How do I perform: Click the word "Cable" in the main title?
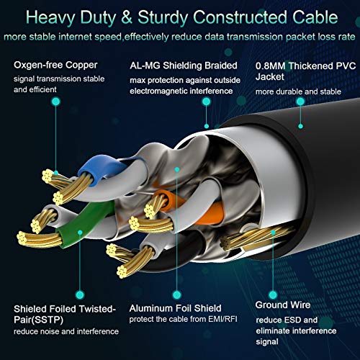[x=315, y=17]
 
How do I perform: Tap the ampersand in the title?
[x=127, y=17]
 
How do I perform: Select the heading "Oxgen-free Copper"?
[x=55, y=65]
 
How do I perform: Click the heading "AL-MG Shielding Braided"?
[x=184, y=66]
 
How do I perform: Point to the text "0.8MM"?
[x=271, y=66]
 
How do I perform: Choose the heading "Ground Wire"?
[x=283, y=305]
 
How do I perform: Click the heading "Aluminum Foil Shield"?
[x=175, y=308]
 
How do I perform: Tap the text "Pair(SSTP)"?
[x=38, y=320]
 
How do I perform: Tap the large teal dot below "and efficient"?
[x=56, y=102]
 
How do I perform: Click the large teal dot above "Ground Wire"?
[x=273, y=294]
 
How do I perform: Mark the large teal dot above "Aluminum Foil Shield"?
[x=177, y=294]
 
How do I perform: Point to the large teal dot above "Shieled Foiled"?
[x=80, y=294]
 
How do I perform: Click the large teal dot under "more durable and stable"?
[x=300, y=102]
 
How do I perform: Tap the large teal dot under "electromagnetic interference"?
[x=206, y=102]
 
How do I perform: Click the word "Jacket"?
[x=270, y=77]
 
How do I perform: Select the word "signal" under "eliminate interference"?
[x=267, y=342]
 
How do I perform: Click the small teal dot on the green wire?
[x=80, y=233]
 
